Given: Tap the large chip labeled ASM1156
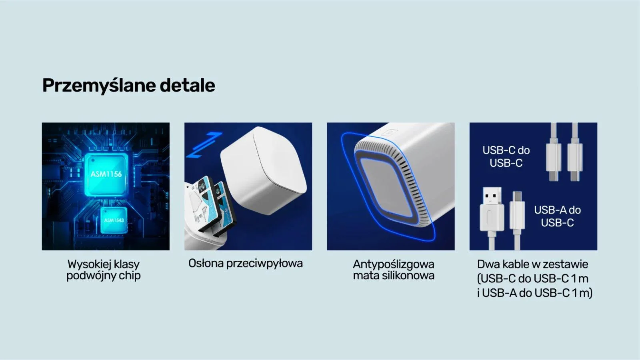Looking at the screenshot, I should click(x=106, y=174).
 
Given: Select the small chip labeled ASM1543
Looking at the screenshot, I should click(x=114, y=220).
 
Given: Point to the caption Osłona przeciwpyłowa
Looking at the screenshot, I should click(x=245, y=264).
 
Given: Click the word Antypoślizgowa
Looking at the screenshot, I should click(x=393, y=264).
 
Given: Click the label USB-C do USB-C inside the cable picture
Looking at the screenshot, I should click(x=506, y=156).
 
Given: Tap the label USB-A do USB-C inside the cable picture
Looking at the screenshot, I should click(x=557, y=216).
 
